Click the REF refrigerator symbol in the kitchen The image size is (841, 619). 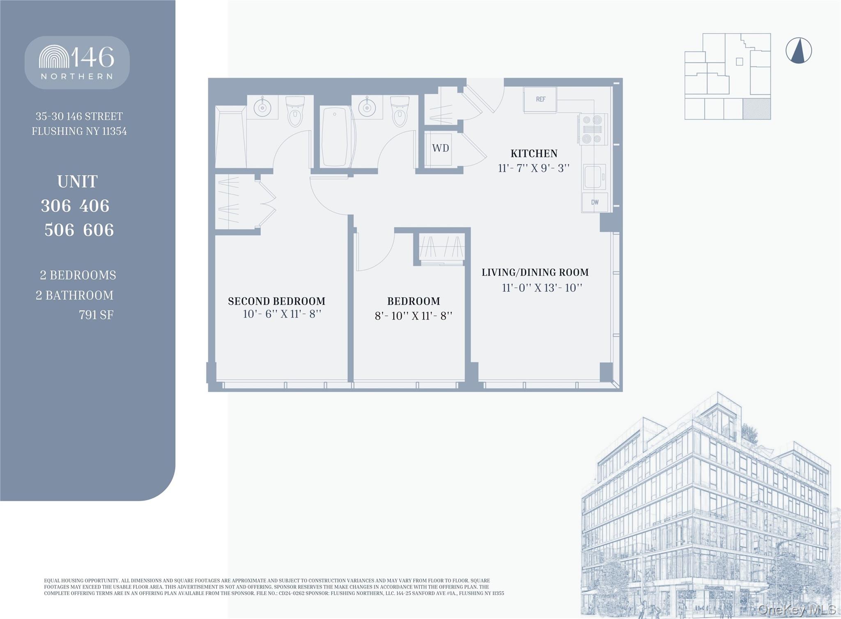540,99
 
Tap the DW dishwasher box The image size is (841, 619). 594,202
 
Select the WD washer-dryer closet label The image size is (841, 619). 440,148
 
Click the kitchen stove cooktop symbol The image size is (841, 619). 592,129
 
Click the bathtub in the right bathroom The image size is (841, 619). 335,137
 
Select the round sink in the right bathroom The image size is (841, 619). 367,108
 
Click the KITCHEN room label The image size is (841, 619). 534,154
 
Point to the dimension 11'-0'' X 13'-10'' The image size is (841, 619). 542,288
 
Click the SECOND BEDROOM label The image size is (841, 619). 276,301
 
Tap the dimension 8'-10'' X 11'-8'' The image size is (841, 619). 413,316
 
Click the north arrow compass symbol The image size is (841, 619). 798,51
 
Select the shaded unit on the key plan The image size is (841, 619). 756,109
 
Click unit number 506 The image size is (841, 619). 59,230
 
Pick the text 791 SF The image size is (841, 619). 96,315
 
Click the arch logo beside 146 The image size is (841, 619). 54,57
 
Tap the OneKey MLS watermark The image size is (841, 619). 797,610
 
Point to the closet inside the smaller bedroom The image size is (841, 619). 442,248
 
